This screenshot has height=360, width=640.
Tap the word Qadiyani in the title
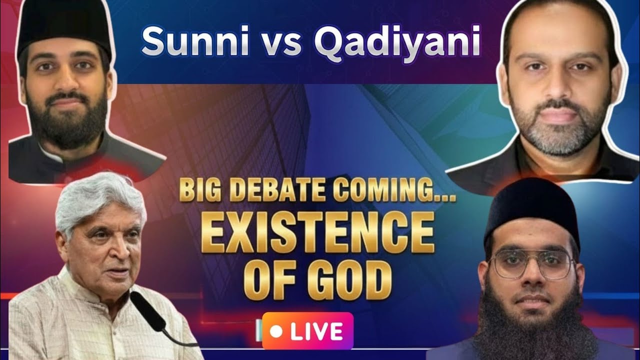click(x=396, y=41)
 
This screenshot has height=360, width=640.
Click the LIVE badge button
click(x=307, y=330)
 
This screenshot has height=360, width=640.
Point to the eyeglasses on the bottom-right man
click(x=531, y=263)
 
